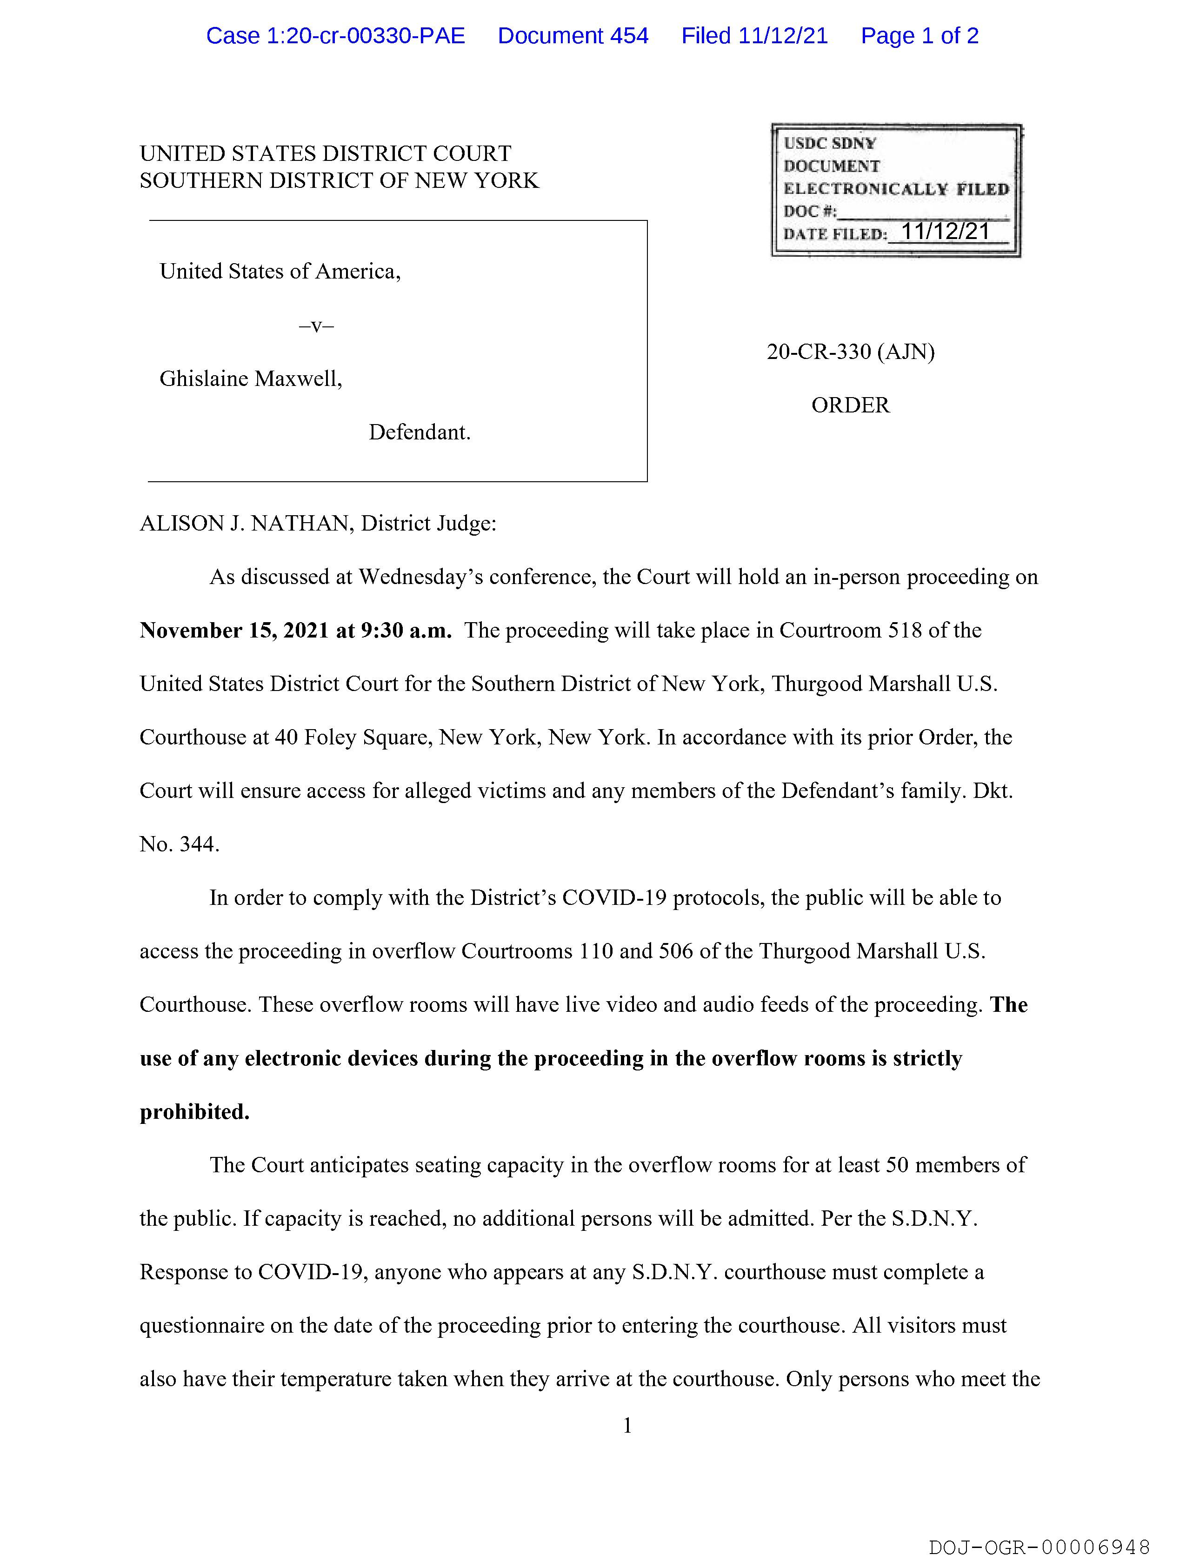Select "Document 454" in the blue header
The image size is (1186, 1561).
click(x=573, y=36)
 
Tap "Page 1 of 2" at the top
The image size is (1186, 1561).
click(x=919, y=36)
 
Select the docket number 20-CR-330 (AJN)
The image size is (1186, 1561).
click(x=850, y=352)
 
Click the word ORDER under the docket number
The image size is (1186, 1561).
click(x=850, y=405)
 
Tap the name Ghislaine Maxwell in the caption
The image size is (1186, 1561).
click(x=251, y=379)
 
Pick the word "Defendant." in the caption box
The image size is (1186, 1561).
click(x=420, y=432)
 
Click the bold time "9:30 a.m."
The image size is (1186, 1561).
click(x=406, y=630)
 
